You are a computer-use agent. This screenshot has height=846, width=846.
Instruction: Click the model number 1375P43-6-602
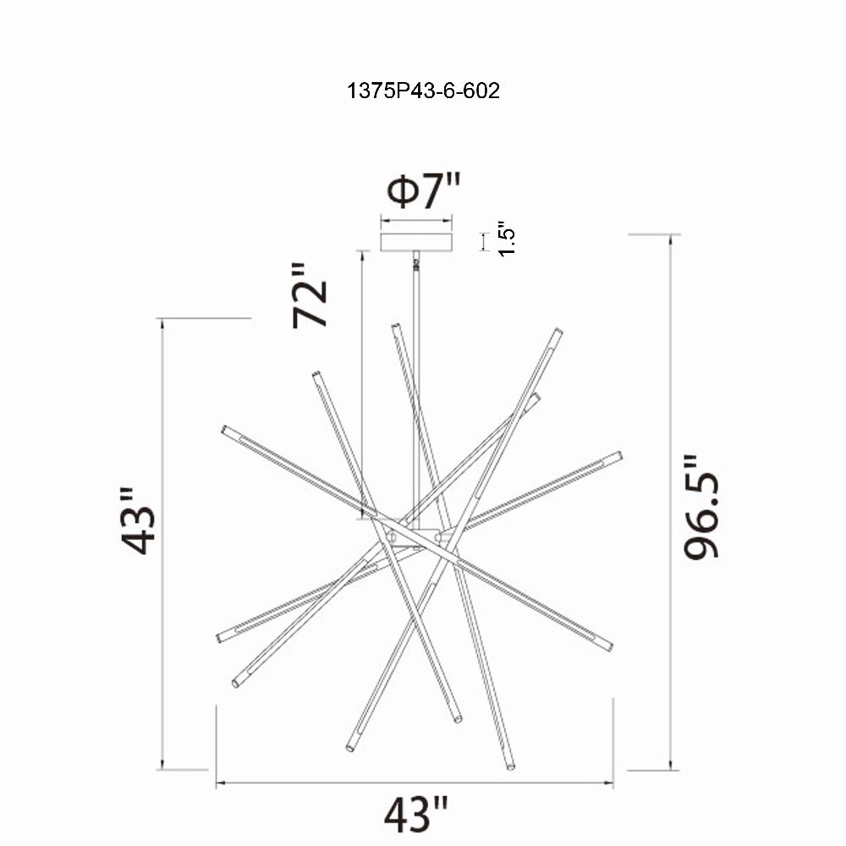coord(423,91)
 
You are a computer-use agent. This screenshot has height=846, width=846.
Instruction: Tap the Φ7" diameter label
coord(425,191)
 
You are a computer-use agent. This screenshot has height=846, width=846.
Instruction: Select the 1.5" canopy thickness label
coord(507,239)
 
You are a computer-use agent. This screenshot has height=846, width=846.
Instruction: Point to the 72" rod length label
coord(310,295)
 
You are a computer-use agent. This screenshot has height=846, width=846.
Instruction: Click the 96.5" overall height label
coord(700,507)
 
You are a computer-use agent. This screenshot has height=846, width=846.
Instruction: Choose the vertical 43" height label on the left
coord(138,521)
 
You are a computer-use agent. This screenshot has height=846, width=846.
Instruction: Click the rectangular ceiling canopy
coord(416,242)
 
